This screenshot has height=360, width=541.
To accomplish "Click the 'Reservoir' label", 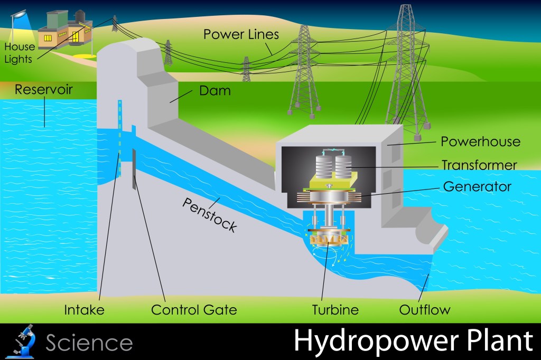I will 43,89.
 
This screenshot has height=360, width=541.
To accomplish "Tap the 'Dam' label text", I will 214,91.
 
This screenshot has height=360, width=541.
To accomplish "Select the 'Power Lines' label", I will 241,34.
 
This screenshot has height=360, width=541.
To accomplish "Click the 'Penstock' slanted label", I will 209,215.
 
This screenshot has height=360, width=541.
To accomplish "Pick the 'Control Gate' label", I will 194,309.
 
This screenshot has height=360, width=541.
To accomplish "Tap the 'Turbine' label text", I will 335,309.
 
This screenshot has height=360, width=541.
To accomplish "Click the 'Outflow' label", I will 425,309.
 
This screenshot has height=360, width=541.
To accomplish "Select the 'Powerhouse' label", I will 480,141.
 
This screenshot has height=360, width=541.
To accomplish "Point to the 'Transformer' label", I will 479,165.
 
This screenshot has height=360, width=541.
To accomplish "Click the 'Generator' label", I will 477,186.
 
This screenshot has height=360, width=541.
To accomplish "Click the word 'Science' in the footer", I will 89,343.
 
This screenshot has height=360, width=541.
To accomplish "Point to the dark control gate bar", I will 135,169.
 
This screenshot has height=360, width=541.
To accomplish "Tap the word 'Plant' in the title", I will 500,342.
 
